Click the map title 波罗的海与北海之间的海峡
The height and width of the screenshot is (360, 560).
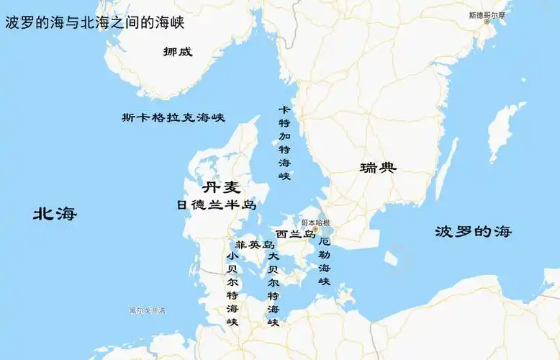(x=95, y=23)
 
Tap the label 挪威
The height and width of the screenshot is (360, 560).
(x=178, y=52)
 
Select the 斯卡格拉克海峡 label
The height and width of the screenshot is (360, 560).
(x=173, y=117)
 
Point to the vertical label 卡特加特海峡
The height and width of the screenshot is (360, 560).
(x=284, y=142)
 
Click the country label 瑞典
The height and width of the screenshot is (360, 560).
(x=378, y=168)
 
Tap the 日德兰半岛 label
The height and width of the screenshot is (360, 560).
(x=217, y=205)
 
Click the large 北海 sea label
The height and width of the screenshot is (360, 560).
(x=55, y=214)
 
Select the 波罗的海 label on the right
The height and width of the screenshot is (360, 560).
(x=473, y=232)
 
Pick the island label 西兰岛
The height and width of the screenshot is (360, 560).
(x=295, y=234)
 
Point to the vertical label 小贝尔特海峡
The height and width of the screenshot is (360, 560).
(x=232, y=289)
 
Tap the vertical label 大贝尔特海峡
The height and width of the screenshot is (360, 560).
(x=273, y=289)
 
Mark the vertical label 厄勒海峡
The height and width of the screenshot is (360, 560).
(x=325, y=261)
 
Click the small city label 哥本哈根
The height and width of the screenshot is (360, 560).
(x=315, y=223)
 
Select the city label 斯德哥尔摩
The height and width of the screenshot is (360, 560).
(x=487, y=14)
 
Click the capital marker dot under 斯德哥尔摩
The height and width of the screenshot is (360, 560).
(x=487, y=22)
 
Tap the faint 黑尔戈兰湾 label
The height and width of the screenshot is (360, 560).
(x=147, y=310)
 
